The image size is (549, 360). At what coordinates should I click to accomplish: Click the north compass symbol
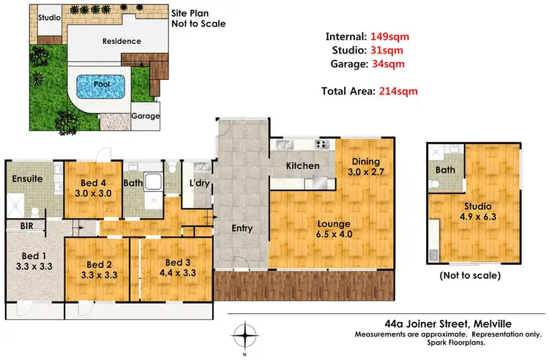coord(244,335)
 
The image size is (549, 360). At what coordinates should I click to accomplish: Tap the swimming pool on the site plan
coord(100,86)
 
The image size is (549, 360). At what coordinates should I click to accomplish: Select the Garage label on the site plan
coord(146,116)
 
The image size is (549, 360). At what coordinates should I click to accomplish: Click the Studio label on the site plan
coord(49,18)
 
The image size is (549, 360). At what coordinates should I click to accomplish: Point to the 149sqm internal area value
coord(389,37)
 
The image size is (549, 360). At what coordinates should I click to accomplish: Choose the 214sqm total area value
coord(398,91)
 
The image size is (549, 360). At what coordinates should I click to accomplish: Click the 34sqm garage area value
coord(388,64)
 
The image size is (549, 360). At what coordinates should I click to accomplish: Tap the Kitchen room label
coord(303,166)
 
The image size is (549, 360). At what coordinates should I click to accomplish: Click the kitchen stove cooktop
coord(322,144)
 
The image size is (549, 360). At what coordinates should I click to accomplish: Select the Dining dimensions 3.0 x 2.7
coord(366,172)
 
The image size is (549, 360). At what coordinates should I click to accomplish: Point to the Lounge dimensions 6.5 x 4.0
coord(334,234)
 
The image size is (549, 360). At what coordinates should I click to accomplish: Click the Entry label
coord(242,228)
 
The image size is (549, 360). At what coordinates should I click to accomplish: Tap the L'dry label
coord(200,183)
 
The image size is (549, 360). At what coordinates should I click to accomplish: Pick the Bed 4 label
coord(93,183)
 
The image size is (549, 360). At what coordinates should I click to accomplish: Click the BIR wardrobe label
coord(26,226)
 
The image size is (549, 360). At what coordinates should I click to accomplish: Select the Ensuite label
coord(27,179)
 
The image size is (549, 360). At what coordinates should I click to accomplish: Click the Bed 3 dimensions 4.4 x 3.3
coord(178,273)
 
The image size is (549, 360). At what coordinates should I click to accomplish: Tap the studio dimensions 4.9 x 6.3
coord(478,217)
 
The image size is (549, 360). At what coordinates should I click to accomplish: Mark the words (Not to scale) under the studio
coord(470,276)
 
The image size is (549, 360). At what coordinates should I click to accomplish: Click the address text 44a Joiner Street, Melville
coord(448,324)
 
